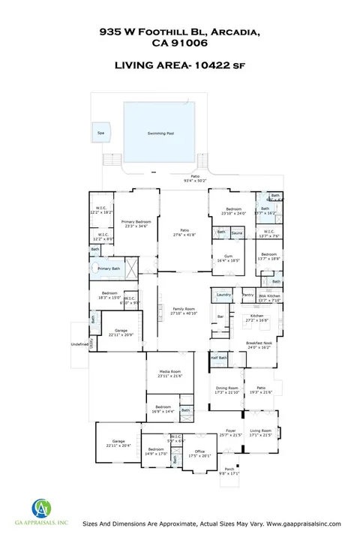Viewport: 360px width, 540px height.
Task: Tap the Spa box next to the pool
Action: pos(100,133)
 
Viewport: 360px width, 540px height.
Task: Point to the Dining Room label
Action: pos(226,390)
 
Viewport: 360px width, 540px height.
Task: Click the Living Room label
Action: pos(260,433)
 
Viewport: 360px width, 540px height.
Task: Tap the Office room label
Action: pos(200,453)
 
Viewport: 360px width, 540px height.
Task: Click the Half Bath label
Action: pos(218,358)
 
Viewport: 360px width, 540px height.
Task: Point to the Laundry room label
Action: pos(223,295)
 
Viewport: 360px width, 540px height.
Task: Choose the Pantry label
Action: pos(247,295)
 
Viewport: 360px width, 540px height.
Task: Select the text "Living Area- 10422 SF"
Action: pos(180,65)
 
